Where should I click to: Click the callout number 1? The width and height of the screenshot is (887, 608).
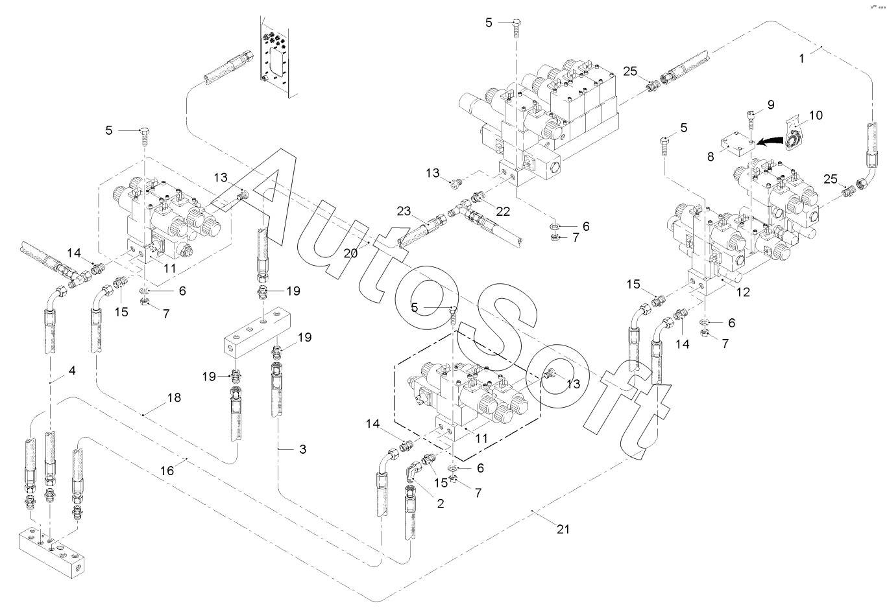coord(802,58)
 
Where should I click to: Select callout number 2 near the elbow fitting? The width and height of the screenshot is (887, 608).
coord(441,504)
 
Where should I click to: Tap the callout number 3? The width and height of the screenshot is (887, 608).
coord(303,449)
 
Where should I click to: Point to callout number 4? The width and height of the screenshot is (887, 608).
coord(72,371)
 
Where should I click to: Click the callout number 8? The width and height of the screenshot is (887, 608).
coord(711,157)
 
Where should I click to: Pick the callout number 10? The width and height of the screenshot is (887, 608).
coord(816,115)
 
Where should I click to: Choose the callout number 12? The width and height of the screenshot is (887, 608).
coord(743,292)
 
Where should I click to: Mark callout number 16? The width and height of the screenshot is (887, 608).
coord(167,471)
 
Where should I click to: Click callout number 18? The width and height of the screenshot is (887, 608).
coord(175,397)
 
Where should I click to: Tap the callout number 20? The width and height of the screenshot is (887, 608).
coord(351,253)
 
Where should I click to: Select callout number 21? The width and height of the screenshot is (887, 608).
coord(563,530)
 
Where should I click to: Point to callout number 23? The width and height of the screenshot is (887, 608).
coord(404,211)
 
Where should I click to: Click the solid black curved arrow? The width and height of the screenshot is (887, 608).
coord(770,141)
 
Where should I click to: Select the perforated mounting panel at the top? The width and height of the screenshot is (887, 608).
coord(279,58)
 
